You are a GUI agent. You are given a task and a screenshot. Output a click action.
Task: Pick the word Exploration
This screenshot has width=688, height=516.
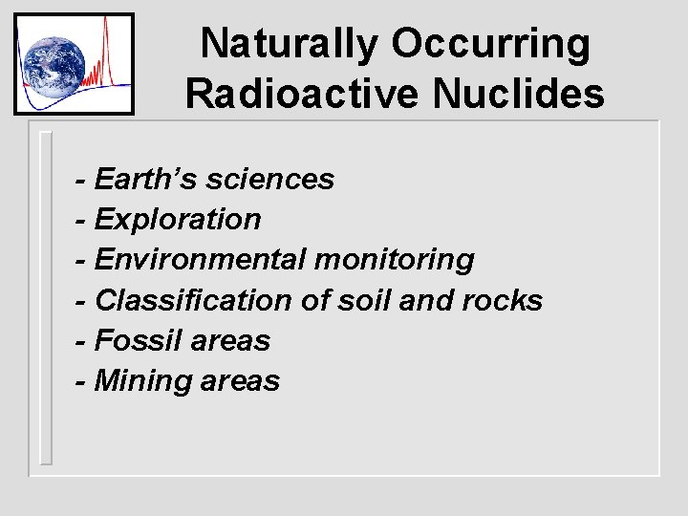coord(178,219)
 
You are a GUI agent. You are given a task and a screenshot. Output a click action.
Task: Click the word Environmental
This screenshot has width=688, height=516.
coord(200,259)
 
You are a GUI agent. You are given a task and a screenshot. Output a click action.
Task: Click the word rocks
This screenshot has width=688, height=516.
coord(502,300)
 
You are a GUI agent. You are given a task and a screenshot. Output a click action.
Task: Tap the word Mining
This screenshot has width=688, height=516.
coord(143,381)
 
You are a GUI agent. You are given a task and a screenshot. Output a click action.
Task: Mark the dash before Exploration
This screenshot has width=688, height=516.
coord(83,220)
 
